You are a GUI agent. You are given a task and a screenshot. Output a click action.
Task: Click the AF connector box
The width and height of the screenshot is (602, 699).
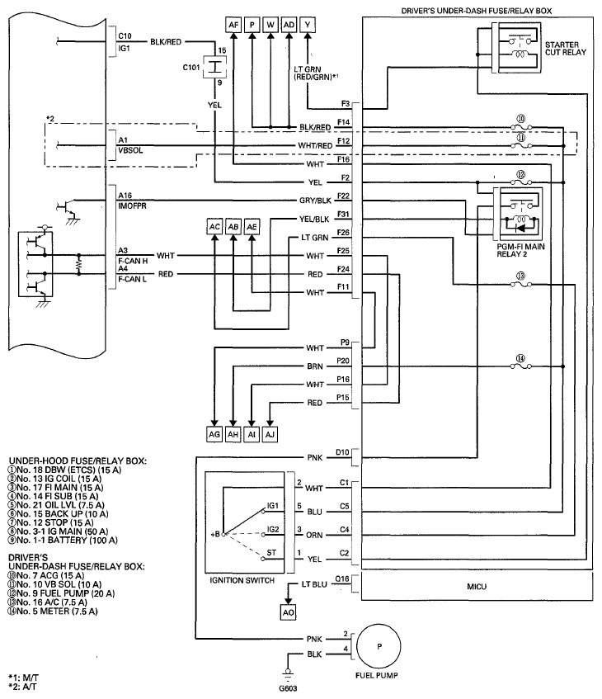(233, 25)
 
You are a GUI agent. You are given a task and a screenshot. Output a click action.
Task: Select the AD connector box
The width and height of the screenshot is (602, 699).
(289, 25)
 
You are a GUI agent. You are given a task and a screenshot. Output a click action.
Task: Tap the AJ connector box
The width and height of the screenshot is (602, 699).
(270, 434)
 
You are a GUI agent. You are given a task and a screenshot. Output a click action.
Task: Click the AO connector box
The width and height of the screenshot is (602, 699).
(289, 612)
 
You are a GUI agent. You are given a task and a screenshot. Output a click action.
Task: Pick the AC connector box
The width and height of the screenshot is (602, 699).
(214, 227)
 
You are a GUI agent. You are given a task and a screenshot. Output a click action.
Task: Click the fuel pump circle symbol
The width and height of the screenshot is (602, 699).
(379, 646)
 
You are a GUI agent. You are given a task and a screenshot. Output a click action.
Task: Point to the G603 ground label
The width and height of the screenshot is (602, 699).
(288, 687)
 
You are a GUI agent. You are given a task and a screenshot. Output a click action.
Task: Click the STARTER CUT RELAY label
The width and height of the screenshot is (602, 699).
(565, 49)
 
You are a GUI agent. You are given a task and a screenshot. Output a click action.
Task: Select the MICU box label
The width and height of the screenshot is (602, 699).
(477, 587)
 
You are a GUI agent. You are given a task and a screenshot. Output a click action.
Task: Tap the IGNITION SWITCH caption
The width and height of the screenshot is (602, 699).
(242, 580)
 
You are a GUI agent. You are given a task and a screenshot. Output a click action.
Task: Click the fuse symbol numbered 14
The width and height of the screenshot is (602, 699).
(520, 366)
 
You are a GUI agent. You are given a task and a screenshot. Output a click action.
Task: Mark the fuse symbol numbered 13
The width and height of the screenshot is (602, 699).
(520, 284)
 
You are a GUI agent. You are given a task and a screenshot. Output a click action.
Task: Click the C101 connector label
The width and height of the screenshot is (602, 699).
(191, 68)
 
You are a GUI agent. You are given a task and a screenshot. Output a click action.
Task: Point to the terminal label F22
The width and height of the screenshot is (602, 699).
(343, 196)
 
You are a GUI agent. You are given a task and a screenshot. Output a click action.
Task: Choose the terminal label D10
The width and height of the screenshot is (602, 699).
(342, 452)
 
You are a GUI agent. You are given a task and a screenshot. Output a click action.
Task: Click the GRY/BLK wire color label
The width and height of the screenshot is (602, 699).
(315, 201)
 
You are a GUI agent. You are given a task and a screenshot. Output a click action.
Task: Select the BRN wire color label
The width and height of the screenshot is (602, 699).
(314, 366)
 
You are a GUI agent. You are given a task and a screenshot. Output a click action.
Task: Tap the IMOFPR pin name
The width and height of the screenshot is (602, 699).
(132, 206)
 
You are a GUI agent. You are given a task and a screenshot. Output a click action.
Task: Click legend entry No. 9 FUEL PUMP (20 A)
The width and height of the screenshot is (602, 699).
(61, 593)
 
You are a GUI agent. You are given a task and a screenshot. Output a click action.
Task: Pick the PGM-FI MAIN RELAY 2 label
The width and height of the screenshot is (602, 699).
(520, 250)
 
